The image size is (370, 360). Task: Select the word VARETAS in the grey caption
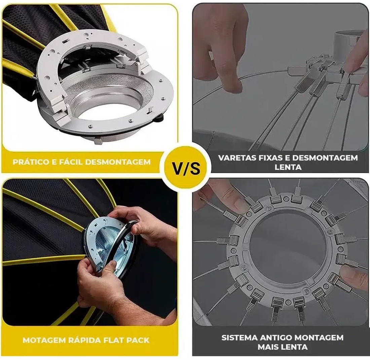point(238,158)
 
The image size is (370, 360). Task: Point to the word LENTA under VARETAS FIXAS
point(288,167)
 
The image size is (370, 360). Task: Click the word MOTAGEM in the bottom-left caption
point(44,340)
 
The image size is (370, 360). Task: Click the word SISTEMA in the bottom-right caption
point(239,337)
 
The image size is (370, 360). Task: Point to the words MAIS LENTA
point(283,347)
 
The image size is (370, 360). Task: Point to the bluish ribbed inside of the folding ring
point(109,246)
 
